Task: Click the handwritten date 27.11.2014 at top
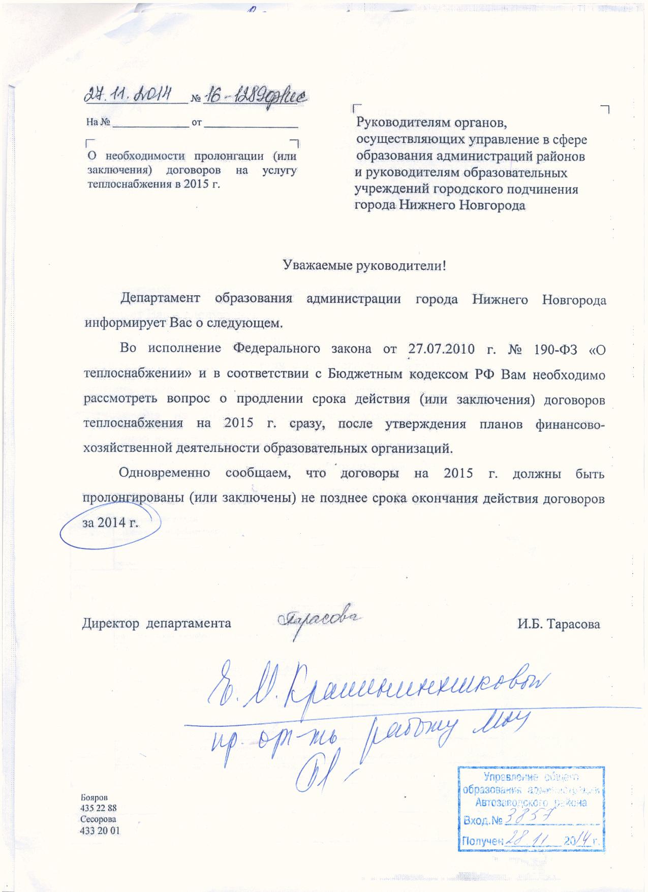pos(129,95)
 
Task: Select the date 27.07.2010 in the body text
pos(441,349)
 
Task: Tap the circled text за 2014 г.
pos(110,523)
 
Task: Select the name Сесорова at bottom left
pos(98,819)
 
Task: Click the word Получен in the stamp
pos(481,841)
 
